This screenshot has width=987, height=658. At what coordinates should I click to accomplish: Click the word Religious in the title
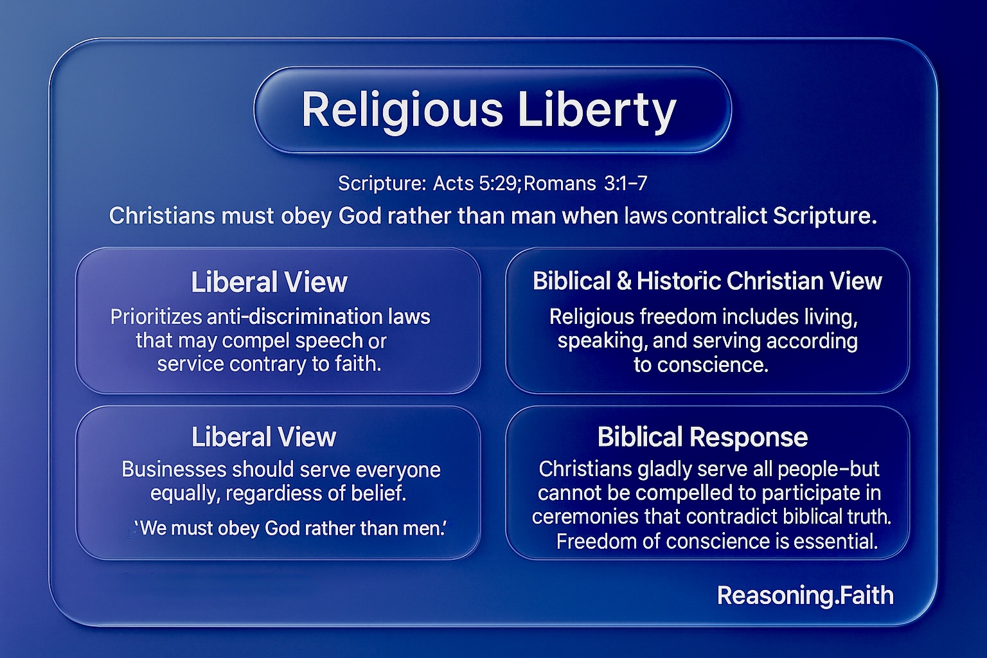(402, 110)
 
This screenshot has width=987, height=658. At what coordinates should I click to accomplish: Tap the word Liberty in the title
(597, 110)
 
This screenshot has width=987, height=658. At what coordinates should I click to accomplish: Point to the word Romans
(560, 183)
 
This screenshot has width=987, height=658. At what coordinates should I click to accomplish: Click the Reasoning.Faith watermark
(805, 596)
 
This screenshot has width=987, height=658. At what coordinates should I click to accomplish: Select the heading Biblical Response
(702, 437)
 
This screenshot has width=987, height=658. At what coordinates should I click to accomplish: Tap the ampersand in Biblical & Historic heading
(624, 281)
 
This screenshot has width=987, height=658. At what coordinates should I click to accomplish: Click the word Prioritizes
(156, 316)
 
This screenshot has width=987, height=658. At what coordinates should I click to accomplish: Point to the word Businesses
(174, 469)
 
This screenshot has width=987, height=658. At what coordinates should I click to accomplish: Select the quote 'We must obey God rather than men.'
(291, 528)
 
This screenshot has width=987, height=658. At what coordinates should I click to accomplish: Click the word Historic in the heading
(679, 281)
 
